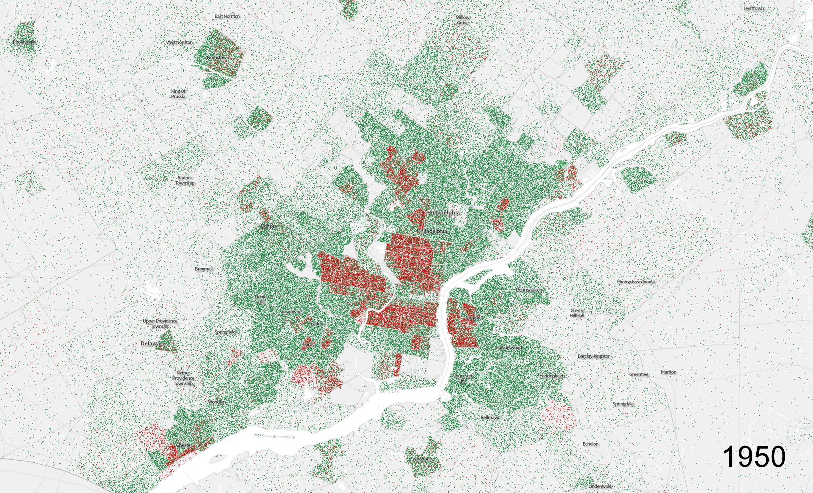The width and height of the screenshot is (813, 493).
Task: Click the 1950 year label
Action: coord(754,457)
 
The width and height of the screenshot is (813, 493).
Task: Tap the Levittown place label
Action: coord(753,9)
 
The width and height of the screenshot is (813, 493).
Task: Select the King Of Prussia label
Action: coord(178,94)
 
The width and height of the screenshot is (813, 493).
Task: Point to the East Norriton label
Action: coord(227,16)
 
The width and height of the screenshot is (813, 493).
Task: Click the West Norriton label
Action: coord(179,43)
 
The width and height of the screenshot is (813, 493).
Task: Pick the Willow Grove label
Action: coord(463,20)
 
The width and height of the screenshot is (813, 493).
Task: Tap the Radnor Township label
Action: coord(185,180)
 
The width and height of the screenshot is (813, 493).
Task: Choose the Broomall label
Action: coord(203,269)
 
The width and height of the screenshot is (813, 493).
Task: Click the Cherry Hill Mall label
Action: coord(577,313)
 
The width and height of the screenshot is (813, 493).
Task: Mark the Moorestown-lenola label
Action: coord(636,282)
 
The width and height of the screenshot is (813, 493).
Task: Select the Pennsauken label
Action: coord(529,290)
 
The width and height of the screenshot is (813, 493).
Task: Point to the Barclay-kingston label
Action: coord(594,356)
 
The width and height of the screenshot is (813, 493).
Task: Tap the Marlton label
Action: coord(669,372)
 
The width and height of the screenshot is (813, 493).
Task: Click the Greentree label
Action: coord(639,374)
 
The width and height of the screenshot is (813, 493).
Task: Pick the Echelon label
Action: coord(590,444)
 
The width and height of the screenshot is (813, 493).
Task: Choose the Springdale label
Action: coord(623,404)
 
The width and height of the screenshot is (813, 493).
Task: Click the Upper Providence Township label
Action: coord(160,323)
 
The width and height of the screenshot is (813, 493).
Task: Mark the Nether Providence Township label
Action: coord(183,378)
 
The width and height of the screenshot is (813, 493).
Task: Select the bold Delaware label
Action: coord(153,343)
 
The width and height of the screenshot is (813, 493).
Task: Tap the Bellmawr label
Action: coord(490,417)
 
